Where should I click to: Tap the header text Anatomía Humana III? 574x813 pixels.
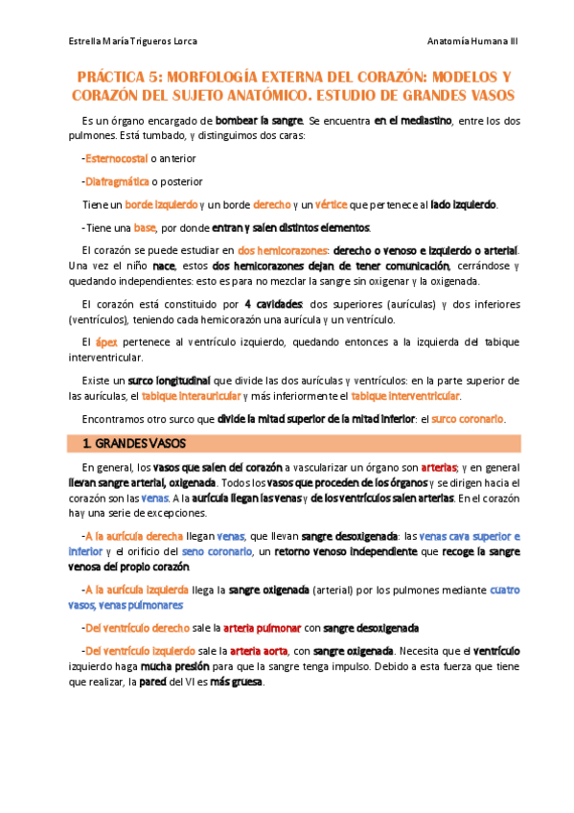[472, 42]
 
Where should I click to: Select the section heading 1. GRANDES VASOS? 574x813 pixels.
[133, 443]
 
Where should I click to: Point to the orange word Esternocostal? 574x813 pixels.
[120, 158]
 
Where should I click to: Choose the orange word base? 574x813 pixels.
[146, 228]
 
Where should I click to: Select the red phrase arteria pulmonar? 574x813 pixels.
[256, 629]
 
